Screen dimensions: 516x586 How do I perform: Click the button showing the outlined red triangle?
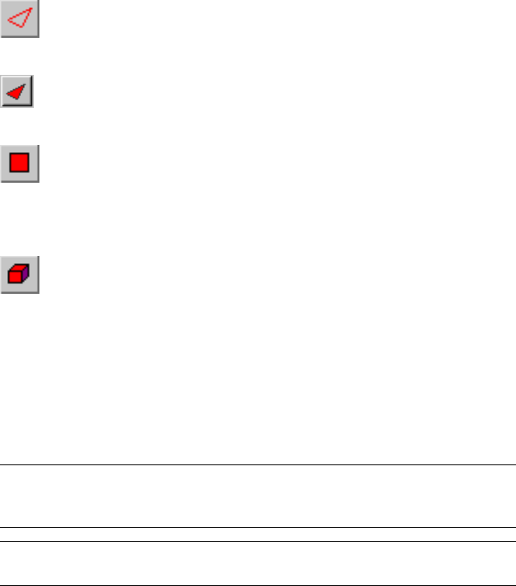point(19,19)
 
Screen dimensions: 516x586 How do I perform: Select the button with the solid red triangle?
point(16,92)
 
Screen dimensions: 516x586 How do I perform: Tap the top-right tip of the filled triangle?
point(25,85)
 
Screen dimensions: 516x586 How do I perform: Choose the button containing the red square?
point(19,164)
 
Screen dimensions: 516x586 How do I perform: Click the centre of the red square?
point(19,163)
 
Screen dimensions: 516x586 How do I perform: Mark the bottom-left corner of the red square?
point(10,172)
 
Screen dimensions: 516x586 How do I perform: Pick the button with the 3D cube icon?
point(19,275)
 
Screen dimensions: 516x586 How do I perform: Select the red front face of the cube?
point(16,278)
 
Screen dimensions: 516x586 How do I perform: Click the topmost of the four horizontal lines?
point(258,464)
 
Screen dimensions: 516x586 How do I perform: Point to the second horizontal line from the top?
point(258,528)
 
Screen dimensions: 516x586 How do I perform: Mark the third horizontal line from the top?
point(258,541)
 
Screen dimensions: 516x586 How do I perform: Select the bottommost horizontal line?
point(258,584)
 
